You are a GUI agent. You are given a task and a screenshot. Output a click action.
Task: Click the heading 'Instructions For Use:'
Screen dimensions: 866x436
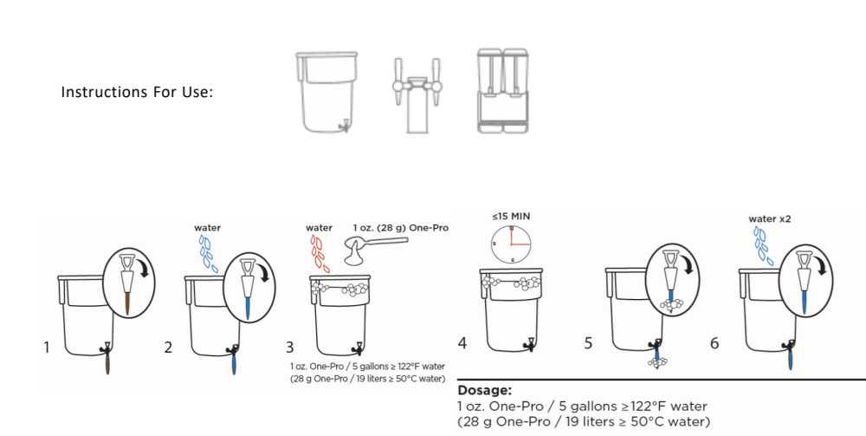137,92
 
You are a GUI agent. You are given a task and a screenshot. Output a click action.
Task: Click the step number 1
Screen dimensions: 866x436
47,347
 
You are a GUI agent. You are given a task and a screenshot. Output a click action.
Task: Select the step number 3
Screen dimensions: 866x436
290,347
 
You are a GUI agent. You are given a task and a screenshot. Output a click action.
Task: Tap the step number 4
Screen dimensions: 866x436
462,343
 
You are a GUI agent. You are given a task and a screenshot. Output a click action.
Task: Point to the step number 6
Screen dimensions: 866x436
714,343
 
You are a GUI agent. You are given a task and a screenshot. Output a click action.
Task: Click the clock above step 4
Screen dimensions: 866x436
512,244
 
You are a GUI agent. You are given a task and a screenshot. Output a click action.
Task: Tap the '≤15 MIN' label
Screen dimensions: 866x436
512,216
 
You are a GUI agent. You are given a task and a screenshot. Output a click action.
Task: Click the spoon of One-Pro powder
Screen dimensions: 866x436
376,248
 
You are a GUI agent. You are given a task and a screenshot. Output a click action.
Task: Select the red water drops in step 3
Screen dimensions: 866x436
320,253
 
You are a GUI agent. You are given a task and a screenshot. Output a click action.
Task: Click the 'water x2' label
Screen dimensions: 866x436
770,218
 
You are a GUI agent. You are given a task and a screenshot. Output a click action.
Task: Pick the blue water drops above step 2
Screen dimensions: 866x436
208,253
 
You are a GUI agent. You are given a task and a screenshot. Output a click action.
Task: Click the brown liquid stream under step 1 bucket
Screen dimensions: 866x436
107,363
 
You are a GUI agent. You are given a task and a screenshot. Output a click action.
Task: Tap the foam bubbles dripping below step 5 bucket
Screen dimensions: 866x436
657,362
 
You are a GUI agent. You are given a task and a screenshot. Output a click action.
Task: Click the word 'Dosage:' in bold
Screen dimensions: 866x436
484,390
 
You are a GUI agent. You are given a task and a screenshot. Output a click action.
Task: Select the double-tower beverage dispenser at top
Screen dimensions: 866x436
502,91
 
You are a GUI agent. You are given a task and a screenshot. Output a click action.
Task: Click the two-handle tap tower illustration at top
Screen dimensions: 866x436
417,95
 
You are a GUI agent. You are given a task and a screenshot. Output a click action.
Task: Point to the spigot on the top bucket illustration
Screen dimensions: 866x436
344,126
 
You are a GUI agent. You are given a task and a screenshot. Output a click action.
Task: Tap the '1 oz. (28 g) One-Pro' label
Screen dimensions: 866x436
401,228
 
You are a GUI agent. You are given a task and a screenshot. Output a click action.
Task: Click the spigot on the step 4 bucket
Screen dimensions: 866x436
530,344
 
